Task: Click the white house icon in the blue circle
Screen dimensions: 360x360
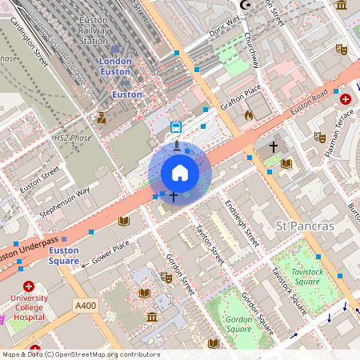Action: [180, 173]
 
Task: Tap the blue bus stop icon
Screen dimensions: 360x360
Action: [176, 126]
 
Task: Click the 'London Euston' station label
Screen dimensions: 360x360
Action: [115, 66]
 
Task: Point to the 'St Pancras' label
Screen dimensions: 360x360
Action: [305, 226]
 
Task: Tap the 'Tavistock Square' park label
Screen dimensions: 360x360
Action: [307, 277]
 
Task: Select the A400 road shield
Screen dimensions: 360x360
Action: [85, 306]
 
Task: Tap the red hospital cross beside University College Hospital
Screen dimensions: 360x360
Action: [29, 286]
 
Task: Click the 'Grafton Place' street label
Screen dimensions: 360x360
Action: [242, 101]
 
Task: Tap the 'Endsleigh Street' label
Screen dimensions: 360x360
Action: [242, 223]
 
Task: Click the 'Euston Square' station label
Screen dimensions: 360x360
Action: [63, 255]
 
